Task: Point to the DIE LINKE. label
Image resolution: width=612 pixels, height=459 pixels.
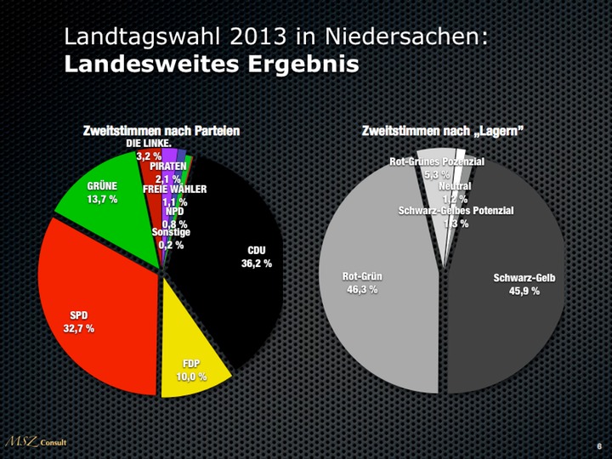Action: click(149, 144)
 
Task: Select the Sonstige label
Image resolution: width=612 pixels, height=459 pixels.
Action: click(171, 232)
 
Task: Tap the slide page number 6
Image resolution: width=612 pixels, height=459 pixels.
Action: click(599, 445)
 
